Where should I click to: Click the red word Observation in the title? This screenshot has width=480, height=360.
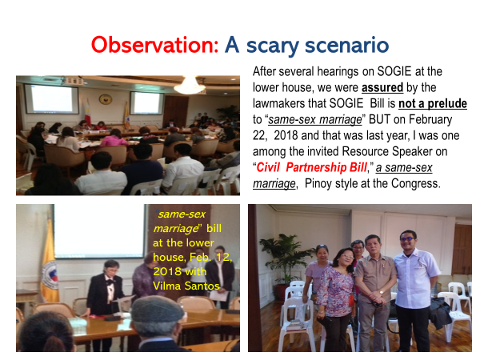[155, 46]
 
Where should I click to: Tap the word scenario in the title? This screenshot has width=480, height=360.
[347, 46]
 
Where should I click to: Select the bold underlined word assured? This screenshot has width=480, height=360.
[382, 87]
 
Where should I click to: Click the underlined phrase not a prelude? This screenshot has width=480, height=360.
[433, 103]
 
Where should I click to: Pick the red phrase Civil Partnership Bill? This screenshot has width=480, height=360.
[311, 167]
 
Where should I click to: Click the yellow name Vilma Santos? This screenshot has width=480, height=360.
[186, 286]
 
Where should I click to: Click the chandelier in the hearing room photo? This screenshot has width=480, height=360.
[190, 85]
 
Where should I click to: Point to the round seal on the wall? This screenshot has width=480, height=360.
[106, 99]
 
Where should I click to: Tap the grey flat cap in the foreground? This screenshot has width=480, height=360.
[158, 309]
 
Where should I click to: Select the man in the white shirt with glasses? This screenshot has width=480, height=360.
[416, 291]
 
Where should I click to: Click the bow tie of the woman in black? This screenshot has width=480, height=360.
[109, 280]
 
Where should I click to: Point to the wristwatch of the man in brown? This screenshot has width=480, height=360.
[382, 292]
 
